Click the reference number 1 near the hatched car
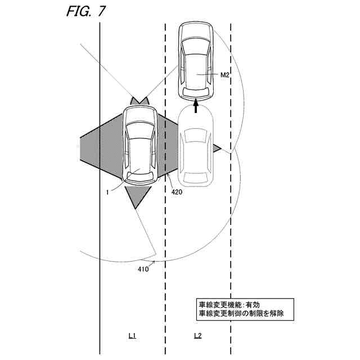coord(107,191)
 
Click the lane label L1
coord(132,336)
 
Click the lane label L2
coord(197,336)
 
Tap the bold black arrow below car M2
coord(196,105)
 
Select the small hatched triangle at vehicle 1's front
coord(139,101)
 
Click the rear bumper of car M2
coord(196,93)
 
